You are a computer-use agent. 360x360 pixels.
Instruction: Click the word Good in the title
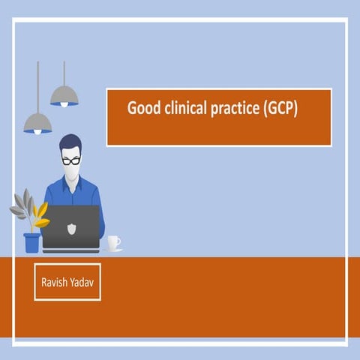140,108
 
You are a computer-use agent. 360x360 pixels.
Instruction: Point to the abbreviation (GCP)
279,109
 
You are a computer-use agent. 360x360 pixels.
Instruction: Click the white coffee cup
113,242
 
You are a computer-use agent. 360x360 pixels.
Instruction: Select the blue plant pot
31,242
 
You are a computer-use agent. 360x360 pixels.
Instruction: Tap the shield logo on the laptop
71,226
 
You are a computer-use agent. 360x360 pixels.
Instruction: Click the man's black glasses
71,160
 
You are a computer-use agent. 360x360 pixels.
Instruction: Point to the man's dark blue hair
70,142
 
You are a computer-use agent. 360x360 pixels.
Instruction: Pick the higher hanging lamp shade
64,95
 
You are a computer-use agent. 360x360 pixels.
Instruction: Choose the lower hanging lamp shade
37,122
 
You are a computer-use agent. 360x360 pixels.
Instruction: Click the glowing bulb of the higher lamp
64,104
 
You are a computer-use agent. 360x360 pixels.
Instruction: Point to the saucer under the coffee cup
114,250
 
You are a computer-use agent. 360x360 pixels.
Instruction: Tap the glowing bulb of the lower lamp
37,132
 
